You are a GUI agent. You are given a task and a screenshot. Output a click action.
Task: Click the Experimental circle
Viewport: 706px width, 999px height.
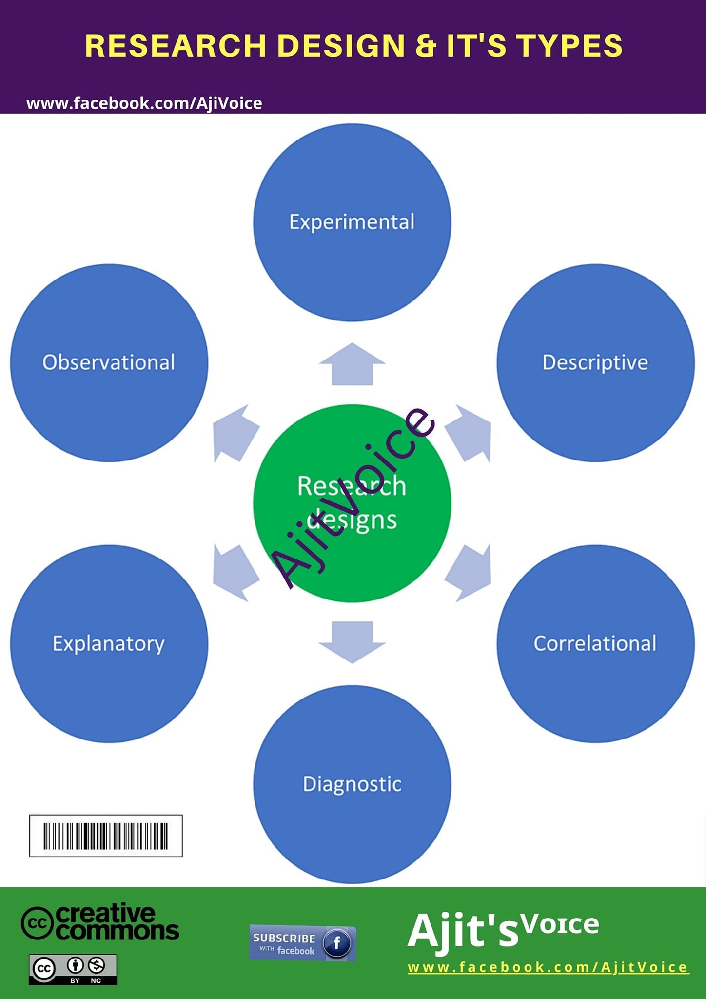352,222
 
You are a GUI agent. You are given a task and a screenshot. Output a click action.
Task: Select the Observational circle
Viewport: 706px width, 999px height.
109,363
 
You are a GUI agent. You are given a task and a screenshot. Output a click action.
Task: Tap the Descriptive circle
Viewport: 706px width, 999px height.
595,363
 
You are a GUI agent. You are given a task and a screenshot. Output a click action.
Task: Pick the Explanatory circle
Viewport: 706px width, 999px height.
109,644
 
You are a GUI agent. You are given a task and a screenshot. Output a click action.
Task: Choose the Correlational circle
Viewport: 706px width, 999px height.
595,644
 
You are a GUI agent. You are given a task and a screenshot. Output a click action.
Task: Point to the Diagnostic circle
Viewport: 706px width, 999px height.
352,784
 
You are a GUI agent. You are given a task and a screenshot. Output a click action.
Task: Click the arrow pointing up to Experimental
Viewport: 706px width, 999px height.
352,364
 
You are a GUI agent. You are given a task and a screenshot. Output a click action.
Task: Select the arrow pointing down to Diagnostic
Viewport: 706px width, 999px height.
352,642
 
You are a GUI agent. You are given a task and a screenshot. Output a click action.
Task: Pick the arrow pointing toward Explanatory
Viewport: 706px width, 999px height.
235,573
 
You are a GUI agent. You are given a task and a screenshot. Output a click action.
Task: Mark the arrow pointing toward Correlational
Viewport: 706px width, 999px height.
469,573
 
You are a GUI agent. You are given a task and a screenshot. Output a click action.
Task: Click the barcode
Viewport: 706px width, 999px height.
106,836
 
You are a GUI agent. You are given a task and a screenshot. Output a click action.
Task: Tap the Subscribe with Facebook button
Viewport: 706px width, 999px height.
303,943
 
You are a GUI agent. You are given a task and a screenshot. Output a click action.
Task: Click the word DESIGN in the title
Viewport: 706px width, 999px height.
341,45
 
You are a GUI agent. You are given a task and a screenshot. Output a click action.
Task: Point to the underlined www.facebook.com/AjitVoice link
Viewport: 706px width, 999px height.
548,967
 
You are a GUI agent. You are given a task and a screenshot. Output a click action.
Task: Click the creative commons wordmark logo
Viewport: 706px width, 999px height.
100,921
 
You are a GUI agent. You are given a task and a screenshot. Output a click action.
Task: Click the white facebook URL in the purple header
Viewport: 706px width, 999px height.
144,103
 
